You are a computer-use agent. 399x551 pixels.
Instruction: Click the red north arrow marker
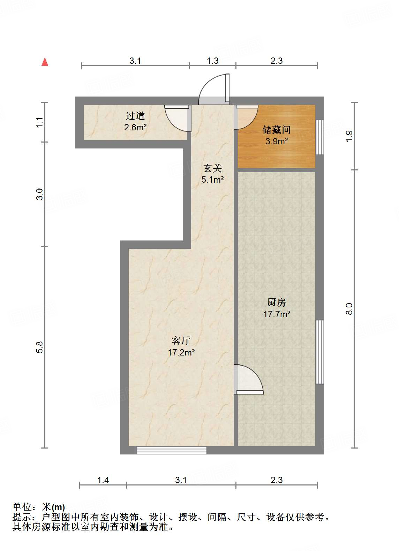45,62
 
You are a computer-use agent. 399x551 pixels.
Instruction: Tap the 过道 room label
135,116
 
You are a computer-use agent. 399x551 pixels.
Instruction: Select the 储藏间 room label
276,130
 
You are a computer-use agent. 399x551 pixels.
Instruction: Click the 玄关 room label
212,168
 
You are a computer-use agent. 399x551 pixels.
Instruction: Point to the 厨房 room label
276,302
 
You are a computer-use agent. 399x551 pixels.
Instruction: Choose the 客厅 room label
181,340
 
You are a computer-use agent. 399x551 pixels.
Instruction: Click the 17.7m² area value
277,314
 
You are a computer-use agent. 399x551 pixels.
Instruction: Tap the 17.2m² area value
181,352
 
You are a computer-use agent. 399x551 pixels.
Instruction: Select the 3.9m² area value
276,141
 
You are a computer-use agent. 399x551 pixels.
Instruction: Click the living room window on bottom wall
171,450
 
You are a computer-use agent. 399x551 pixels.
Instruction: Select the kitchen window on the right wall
319,352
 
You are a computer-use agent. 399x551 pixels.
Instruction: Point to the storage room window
319,137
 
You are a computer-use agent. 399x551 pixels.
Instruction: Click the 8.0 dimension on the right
349,309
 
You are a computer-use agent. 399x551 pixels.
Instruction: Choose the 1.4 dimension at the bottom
103,480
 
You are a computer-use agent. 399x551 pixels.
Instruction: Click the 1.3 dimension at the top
212,61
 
